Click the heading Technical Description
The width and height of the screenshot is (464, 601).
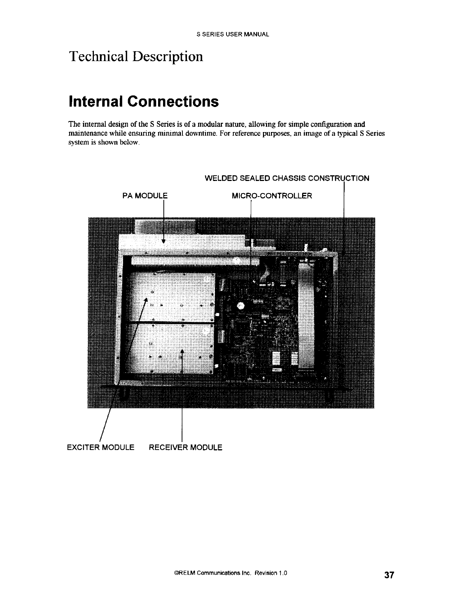tap(136, 57)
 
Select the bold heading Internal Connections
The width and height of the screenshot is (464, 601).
tap(144, 101)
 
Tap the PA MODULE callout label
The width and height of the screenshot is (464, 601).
tap(141, 196)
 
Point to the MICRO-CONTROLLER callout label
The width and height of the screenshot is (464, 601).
tap(272, 196)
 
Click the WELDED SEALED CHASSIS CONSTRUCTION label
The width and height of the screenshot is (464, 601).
tap(287, 178)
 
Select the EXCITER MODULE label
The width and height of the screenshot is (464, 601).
tap(100, 447)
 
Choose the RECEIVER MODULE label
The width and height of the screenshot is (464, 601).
tap(185, 447)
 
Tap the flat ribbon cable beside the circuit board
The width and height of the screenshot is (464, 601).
tap(306, 315)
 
